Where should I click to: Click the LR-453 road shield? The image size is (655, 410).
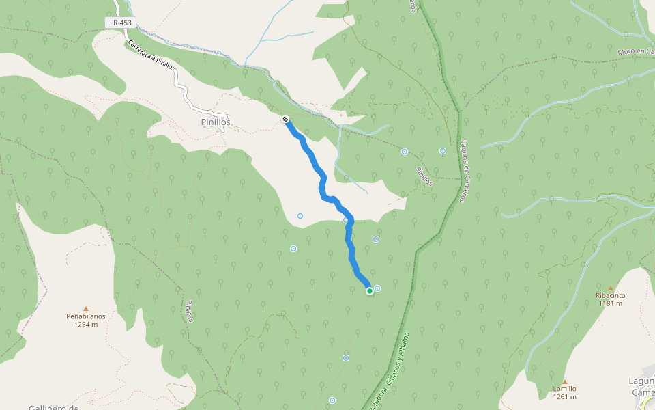120,23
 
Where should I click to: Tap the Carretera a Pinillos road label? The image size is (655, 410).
151,57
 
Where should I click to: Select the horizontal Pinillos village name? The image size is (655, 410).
216,122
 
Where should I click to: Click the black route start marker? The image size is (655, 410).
285,120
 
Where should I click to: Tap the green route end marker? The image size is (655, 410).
370,291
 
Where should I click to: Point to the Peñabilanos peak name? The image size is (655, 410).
86,316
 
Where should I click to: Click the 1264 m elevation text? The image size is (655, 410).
86,325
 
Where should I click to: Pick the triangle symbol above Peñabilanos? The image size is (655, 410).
86,308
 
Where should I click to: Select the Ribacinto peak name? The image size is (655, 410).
610,296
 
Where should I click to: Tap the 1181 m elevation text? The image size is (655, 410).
610,304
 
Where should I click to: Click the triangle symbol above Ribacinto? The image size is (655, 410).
610,288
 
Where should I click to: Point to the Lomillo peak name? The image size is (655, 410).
565,389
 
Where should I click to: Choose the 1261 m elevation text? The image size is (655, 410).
565,397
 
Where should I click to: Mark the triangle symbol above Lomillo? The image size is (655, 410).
565,381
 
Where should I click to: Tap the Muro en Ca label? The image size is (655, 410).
635,52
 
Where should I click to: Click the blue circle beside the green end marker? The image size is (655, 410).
377,288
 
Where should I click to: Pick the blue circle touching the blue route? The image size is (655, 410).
346,220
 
